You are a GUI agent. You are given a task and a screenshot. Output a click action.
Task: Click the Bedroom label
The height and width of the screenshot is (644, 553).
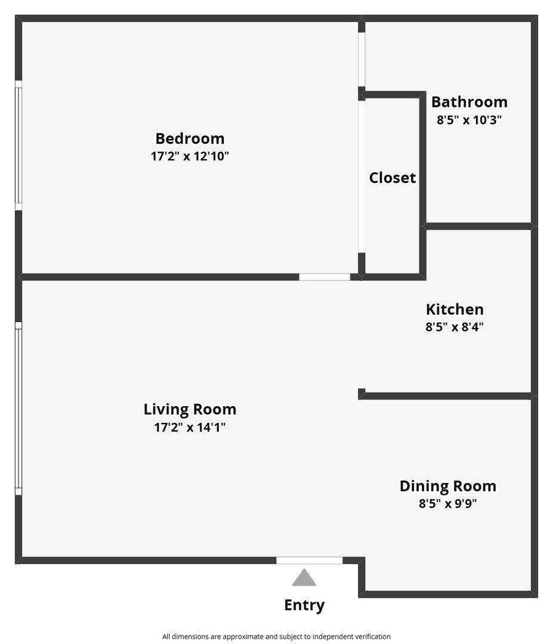pos(190,138)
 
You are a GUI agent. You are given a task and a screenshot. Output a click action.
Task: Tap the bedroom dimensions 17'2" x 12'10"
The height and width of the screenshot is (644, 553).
pos(190,156)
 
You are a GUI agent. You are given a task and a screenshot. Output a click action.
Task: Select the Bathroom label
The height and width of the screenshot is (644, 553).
pos(469,102)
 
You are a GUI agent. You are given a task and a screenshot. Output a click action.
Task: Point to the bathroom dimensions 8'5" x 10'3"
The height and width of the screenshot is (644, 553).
pos(469,120)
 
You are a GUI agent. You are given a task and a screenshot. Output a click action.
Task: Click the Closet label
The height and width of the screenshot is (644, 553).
pos(393,178)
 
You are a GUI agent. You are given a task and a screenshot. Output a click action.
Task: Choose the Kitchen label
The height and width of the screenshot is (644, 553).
pos(455,309)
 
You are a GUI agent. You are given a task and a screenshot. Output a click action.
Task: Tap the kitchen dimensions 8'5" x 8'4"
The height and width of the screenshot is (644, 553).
pos(455,327)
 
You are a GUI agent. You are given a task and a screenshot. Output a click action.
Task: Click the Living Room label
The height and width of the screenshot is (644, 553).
pos(190,410)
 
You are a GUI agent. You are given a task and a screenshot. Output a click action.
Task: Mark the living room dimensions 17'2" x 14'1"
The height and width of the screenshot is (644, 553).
pos(190,427)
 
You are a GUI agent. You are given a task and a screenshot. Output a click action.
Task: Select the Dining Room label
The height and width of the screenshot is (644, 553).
pos(448,487)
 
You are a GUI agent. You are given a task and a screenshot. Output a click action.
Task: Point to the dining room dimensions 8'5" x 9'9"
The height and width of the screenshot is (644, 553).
pos(448,503)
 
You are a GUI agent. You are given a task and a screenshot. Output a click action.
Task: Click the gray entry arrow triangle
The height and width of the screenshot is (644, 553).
pos(304,578)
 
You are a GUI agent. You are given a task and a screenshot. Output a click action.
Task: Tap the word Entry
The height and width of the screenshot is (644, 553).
pos(304,605)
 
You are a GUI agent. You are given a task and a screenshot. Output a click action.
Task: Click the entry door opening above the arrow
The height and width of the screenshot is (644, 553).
pos(310,561)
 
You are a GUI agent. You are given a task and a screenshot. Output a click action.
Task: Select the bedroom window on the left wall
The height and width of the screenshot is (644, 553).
pos(18,145)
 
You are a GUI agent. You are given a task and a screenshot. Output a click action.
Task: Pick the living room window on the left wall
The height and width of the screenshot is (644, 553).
pos(18,408)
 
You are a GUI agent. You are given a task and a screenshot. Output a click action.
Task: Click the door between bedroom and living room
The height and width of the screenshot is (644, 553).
pos(325,277)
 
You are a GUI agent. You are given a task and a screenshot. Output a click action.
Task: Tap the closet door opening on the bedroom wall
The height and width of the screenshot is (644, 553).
pos(362,177)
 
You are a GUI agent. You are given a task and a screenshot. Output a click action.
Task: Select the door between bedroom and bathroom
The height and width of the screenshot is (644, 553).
pos(362,60)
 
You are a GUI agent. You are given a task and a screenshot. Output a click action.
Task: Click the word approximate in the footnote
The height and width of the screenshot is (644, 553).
pos(243,637)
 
